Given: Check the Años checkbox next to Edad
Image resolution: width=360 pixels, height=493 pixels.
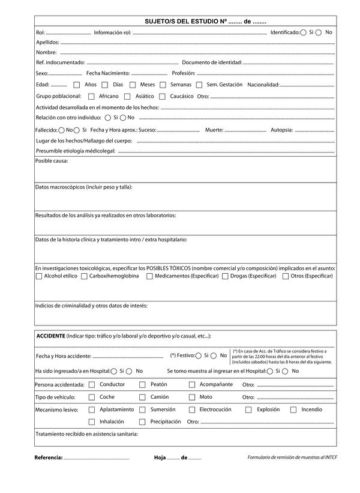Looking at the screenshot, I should (x=77, y=85).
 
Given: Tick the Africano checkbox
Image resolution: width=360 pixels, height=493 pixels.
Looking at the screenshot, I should (x=91, y=96).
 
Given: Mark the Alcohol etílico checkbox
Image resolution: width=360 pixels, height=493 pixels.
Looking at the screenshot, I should (x=39, y=276).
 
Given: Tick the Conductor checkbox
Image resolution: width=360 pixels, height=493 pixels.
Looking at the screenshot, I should (x=92, y=384).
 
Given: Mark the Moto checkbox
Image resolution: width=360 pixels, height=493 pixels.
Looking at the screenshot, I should (x=192, y=397).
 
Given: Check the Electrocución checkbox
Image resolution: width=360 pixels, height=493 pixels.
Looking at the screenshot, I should (x=192, y=410).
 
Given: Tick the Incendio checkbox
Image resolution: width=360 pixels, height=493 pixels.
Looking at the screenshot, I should (x=293, y=410).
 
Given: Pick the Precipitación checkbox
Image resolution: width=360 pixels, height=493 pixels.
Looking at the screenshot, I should (x=142, y=422).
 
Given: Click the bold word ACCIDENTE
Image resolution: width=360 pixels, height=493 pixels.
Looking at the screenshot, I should (x=51, y=336).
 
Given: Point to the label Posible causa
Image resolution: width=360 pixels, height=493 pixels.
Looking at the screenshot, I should (x=52, y=161).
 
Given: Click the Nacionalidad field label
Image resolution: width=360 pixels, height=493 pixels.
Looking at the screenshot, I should (x=263, y=85).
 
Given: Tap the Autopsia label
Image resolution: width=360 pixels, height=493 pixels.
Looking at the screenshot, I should (x=282, y=130).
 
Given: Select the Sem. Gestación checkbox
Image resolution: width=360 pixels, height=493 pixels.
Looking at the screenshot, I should (x=199, y=85).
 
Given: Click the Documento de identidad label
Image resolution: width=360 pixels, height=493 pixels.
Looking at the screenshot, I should (x=212, y=62).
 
